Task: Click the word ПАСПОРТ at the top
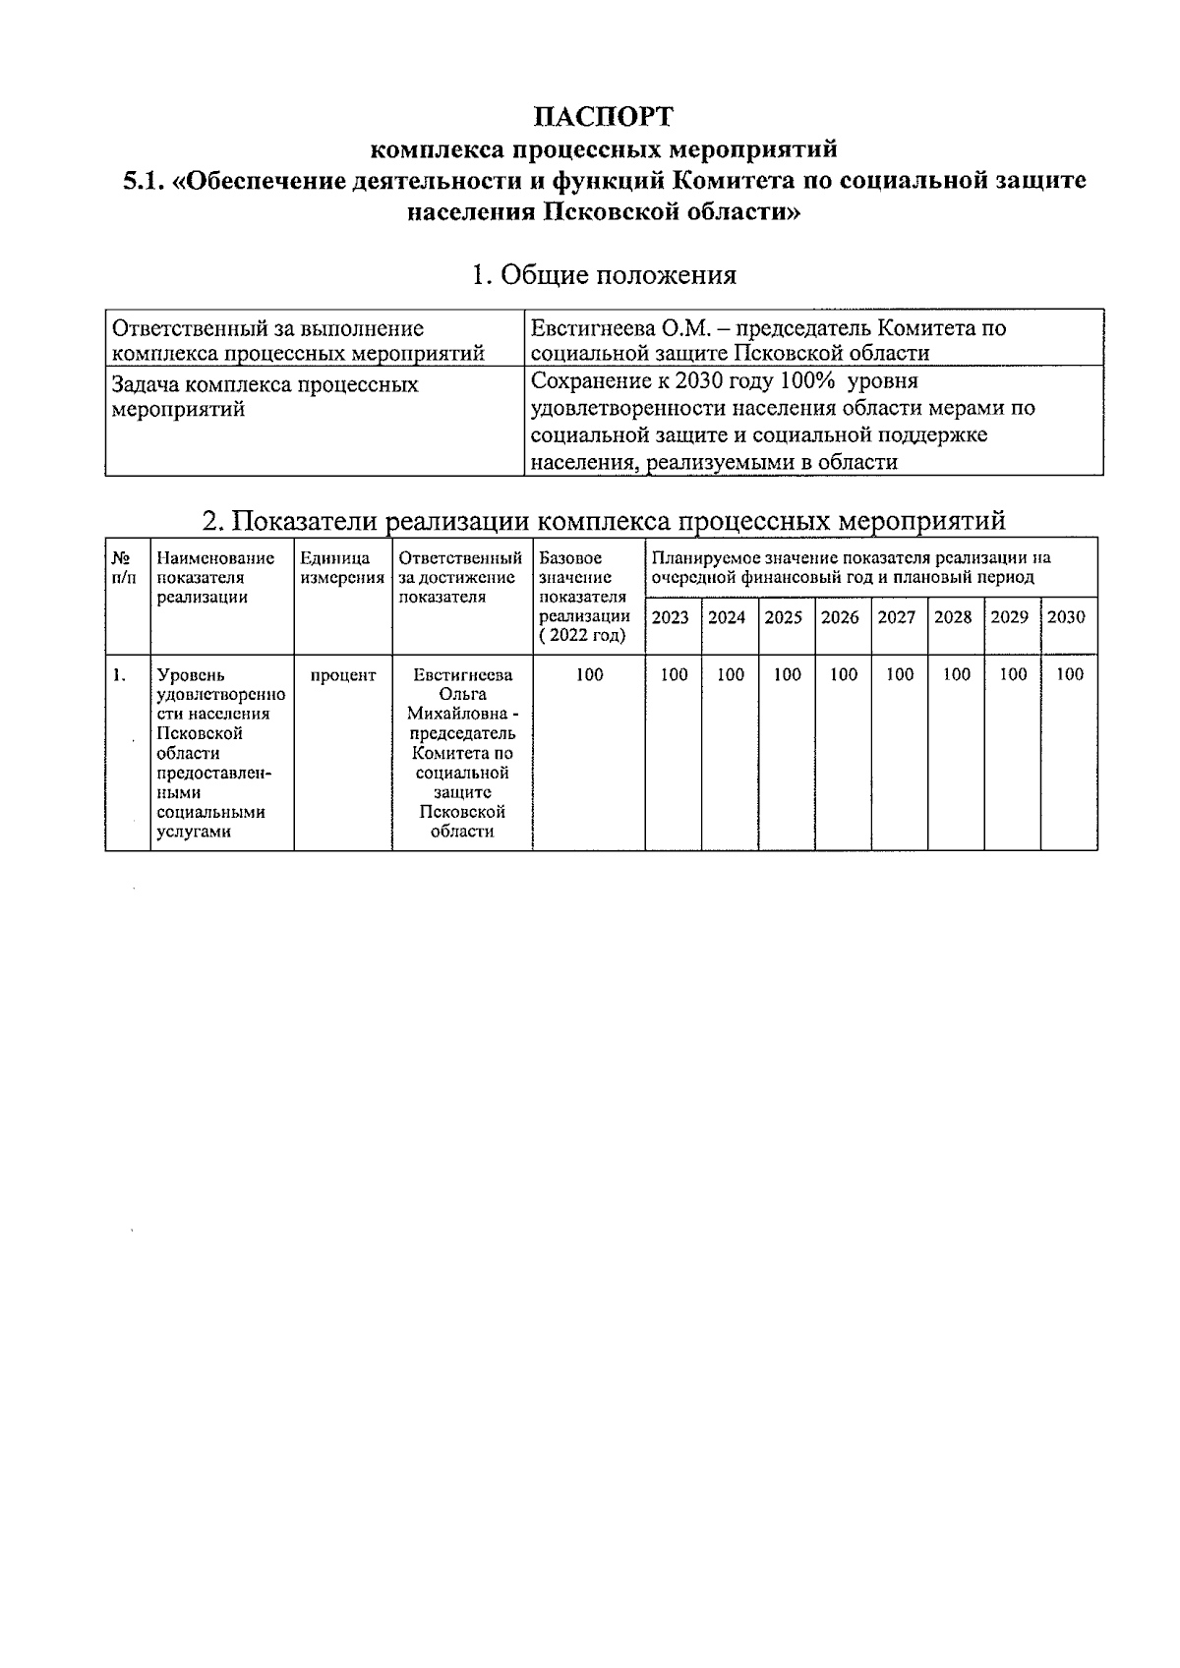coord(604,116)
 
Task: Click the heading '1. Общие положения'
coord(604,275)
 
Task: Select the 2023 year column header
coord(671,617)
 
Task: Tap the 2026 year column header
coord(840,617)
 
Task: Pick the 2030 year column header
coord(1067,617)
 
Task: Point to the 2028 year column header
coord(953,617)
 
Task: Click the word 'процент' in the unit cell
coord(343,675)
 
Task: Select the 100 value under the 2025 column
coord(787,674)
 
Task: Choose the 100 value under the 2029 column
coord(1013,674)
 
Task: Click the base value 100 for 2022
coord(589,674)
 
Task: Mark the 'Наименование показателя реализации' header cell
coord(215,578)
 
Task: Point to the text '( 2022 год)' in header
coord(582,636)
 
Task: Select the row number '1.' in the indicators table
coord(118,675)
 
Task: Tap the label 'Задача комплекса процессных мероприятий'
coord(265,396)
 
